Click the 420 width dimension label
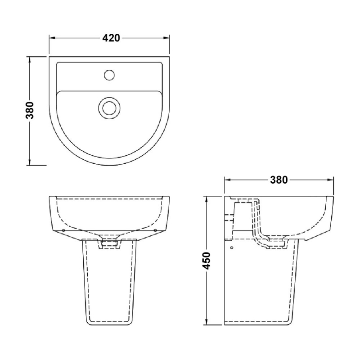pyautogui.click(x=111, y=38)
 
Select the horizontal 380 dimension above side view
pyautogui.click(x=279, y=180)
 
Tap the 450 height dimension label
pyautogui.click(x=207, y=261)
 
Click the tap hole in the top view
pyautogui.click(x=108, y=74)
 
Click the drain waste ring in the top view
pyautogui.click(x=108, y=107)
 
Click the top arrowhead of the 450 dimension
pyautogui.click(x=207, y=198)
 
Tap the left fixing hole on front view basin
pyautogui.click(x=63, y=230)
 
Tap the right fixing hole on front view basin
pyautogui.click(x=155, y=230)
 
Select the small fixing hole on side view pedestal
pyautogui.click(x=231, y=247)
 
